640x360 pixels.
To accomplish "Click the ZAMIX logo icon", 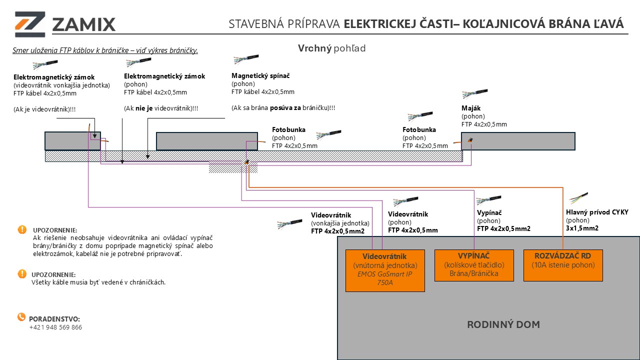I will pyautogui.click(x=30, y=24).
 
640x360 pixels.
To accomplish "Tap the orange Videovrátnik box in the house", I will pyautogui.click(x=385, y=270).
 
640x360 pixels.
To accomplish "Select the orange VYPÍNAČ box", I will pyautogui.click(x=473, y=265).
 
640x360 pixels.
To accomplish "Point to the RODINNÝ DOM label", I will pyautogui.click(x=503, y=324).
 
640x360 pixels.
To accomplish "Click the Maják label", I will pyautogui.click(x=470, y=108).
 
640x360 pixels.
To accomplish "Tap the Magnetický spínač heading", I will pyautogui.click(x=260, y=75).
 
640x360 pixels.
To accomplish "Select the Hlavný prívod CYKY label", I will pyautogui.click(x=597, y=212).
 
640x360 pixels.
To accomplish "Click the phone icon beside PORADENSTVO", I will pyautogui.click(x=21, y=317).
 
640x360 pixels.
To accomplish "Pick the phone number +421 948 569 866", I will pyautogui.click(x=55, y=327).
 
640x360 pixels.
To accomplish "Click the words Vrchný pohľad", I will pyautogui.click(x=331, y=48).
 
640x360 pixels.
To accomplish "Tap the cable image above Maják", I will pyautogui.click(x=474, y=93).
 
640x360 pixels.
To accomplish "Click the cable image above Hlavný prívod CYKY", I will pyautogui.click(x=578, y=197).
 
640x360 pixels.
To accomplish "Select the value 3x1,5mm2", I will pyautogui.click(x=582, y=228).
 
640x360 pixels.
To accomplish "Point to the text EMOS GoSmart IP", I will pyautogui.click(x=384, y=274).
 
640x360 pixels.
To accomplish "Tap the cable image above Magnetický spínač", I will pyautogui.click(x=245, y=60).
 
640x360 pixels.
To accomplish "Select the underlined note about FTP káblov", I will pyautogui.click(x=105, y=50).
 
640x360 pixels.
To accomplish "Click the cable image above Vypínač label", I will pyautogui.click(x=488, y=200).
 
